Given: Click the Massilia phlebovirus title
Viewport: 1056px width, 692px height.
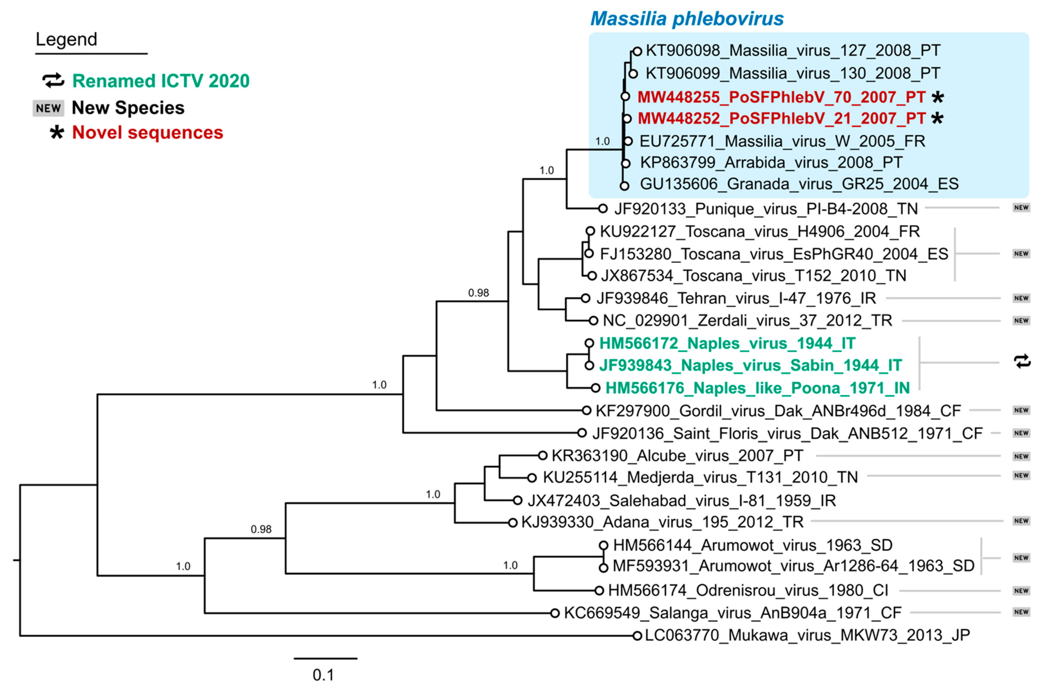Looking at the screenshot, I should [686, 19].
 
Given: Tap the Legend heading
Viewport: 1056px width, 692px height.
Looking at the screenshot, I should [66, 40].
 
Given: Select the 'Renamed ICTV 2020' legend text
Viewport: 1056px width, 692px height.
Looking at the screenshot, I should [161, 81].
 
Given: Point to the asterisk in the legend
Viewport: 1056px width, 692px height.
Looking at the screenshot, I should [57, 132].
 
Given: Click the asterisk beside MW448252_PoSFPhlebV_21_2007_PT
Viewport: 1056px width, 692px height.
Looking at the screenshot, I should [937, 119].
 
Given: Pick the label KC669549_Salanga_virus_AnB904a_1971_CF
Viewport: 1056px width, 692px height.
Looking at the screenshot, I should [732, 613].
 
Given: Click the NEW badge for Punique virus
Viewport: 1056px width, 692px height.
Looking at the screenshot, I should [1021, 208].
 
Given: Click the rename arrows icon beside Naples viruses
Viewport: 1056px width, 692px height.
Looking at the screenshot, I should [1022, 362].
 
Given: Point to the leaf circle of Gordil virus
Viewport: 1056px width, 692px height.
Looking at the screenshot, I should [587, 410].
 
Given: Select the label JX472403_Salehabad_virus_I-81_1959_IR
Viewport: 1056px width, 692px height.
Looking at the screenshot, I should [682, 501].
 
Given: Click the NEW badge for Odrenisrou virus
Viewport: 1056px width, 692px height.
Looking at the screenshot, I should [1021, 591].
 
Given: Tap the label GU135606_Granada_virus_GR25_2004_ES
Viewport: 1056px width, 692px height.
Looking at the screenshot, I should [799, 184].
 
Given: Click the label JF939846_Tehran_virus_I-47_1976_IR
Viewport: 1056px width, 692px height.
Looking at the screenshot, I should [736, 298].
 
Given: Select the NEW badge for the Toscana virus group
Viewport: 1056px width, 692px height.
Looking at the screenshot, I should [1021, 254].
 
